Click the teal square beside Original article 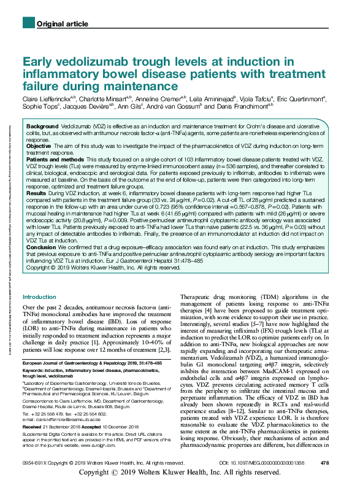(x=27, y=23)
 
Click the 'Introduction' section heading (x=39, y=297)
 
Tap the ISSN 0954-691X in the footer (x=37, y=462)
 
